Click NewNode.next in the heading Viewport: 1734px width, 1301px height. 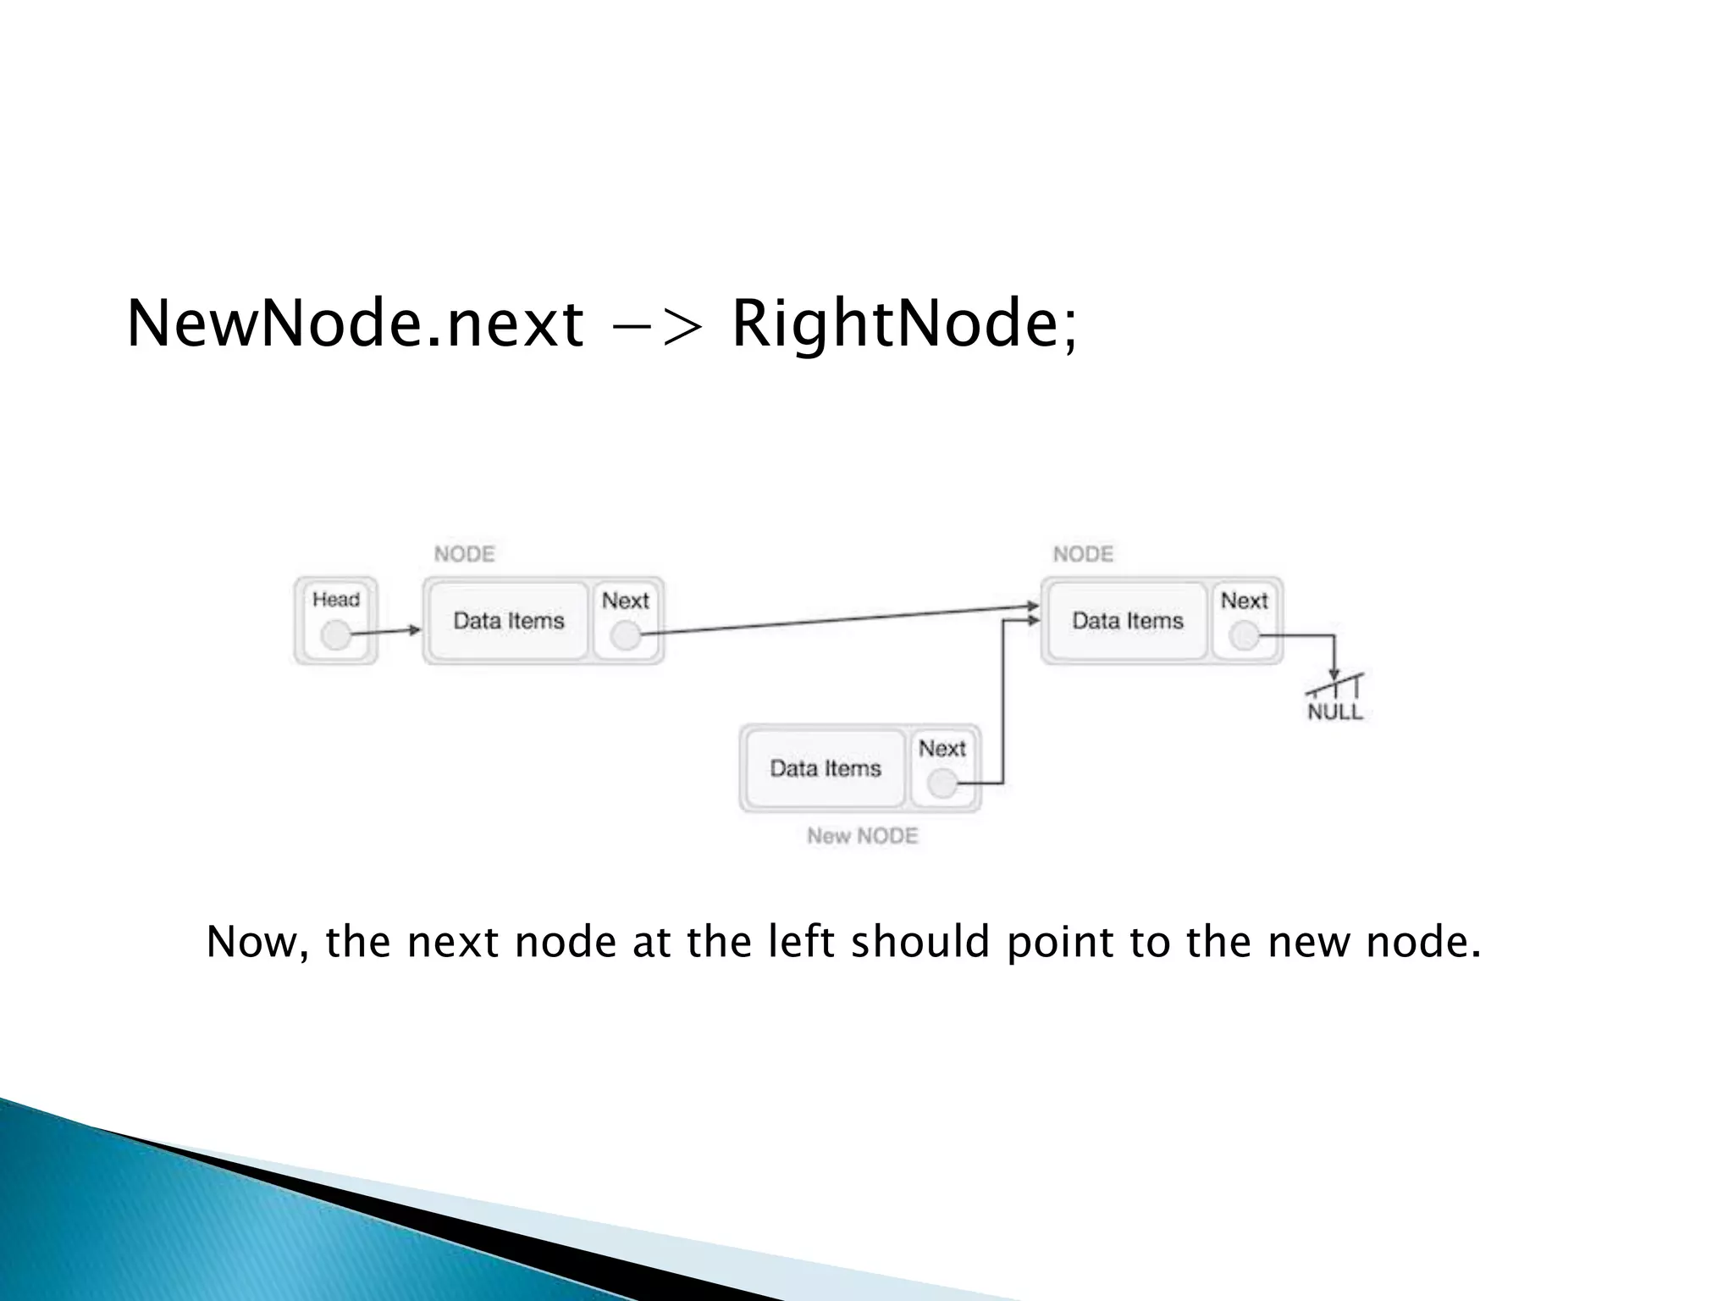[355, 324]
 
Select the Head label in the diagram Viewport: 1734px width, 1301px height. [336, 600]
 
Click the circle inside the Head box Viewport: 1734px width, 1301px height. [336, 634]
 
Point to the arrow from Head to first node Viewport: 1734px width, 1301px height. [386, 631]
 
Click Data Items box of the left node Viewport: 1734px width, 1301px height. [508, 621]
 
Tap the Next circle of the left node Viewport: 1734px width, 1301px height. [626, 634]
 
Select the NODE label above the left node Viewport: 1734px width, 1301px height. [464, 555]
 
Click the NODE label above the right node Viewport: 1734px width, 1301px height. [1083, 555]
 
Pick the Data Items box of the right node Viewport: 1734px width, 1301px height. [1127, 621]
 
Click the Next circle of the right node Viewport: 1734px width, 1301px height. [1244, 634]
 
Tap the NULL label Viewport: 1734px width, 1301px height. [1335, 712]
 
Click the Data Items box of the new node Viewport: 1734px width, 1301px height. [825, 768]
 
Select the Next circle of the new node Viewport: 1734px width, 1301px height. [942, 783]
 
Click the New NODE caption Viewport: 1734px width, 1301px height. [862, 836]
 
